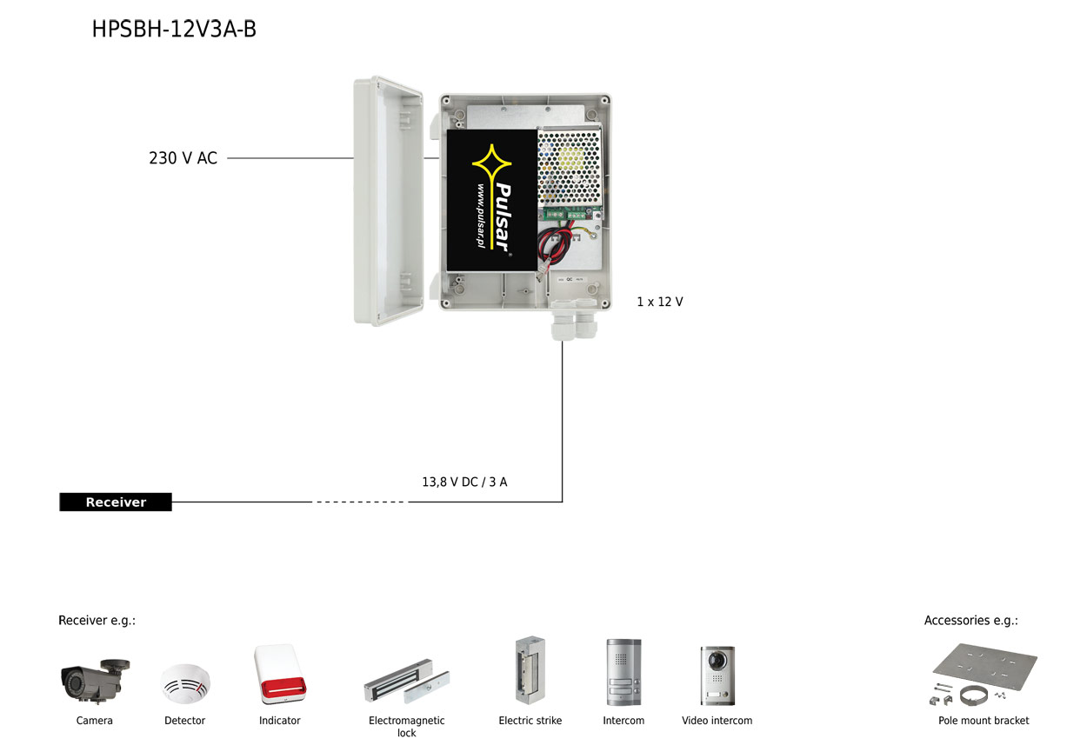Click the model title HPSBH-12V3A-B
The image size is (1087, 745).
174,29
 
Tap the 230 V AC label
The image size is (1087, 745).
183,158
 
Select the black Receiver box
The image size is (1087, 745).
116,502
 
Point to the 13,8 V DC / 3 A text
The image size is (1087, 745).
464,482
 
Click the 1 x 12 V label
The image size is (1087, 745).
659,302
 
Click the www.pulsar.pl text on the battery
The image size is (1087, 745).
480,216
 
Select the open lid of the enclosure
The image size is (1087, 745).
388,201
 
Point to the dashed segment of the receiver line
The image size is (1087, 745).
360,502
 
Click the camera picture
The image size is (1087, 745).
95,681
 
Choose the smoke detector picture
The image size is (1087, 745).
185,684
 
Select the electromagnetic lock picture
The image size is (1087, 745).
407,681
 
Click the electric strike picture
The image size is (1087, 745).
530,670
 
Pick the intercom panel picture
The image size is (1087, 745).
624,672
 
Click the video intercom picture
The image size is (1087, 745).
717,675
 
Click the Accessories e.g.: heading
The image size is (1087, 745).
971,621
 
